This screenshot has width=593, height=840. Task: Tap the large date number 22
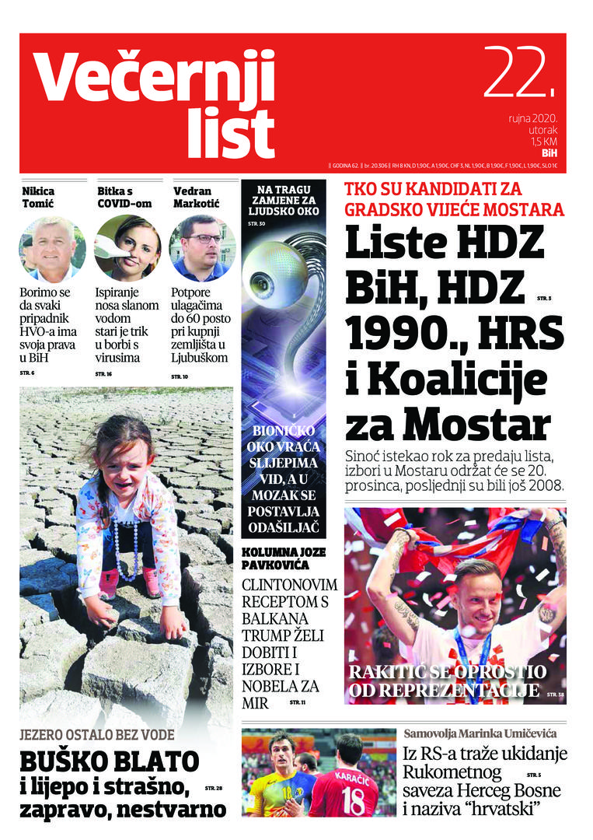(521, 75)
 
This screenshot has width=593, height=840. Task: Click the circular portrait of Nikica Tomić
(51, 249)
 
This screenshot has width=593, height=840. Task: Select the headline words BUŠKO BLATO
(109, 761)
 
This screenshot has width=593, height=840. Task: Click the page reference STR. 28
(214, 789)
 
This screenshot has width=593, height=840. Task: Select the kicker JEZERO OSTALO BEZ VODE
(97, 734)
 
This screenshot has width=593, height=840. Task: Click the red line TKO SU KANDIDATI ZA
(433, 189)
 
